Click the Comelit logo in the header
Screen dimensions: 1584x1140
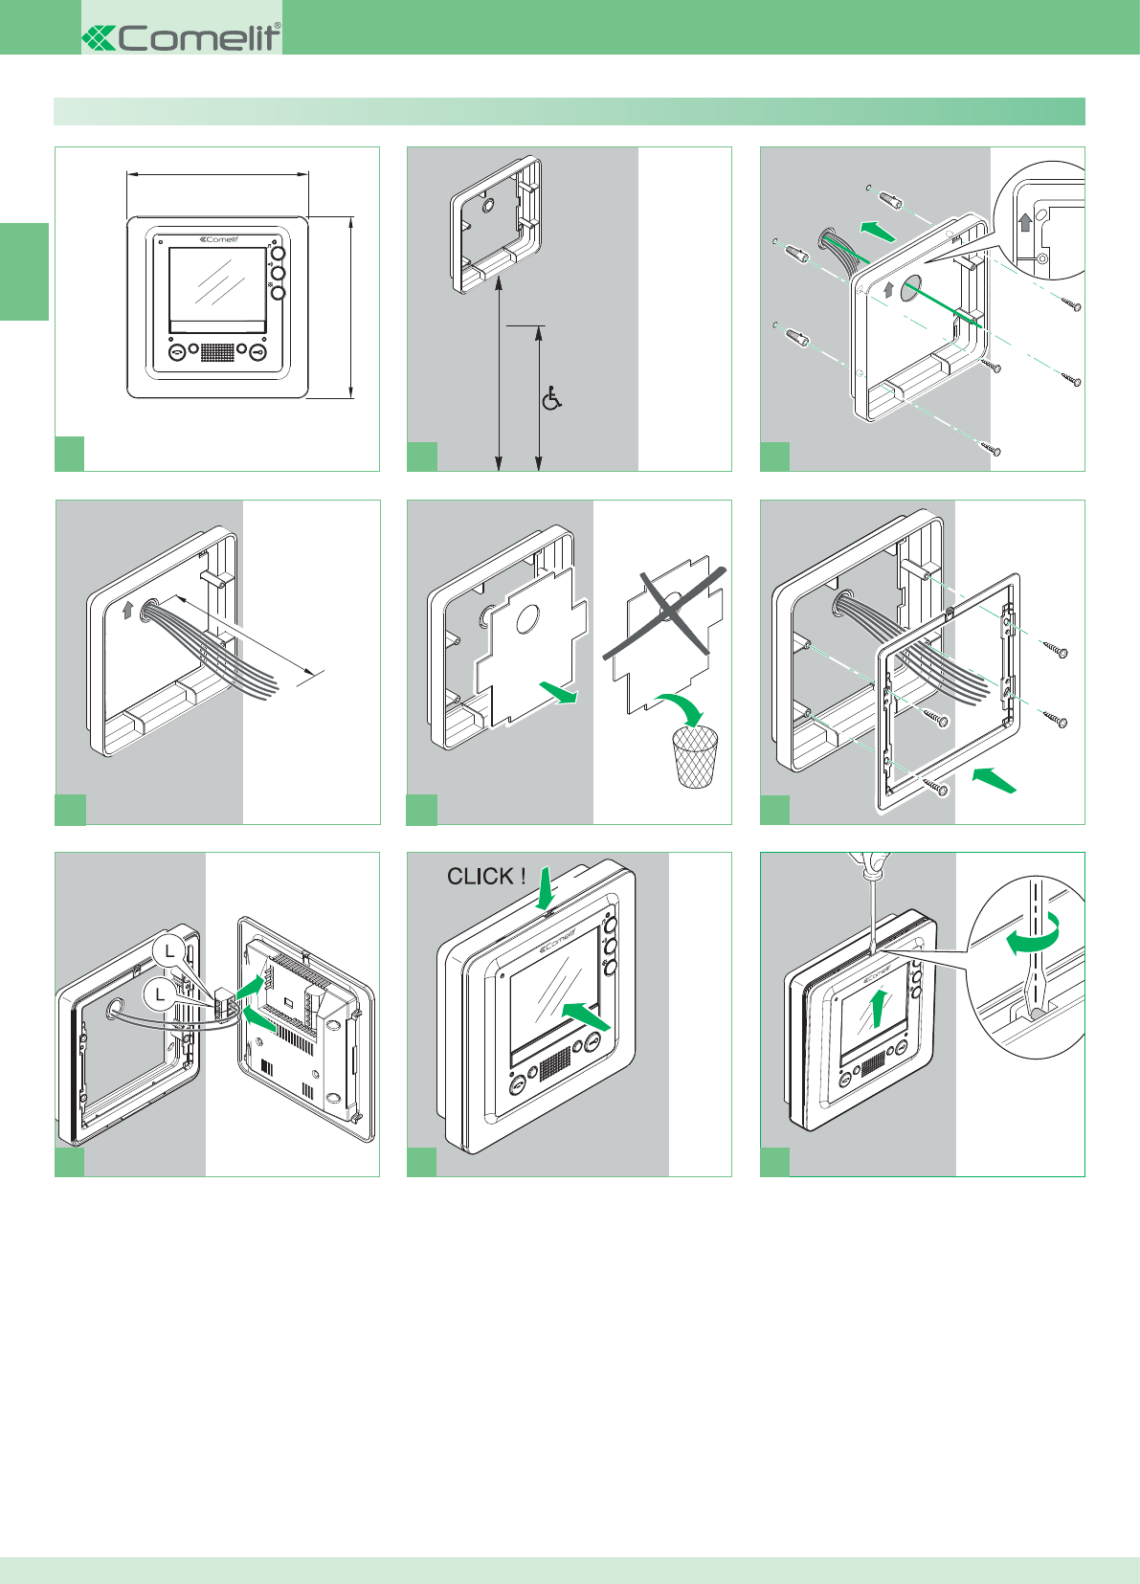click(x=182, y=37)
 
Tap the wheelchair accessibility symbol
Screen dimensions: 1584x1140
click(x=551, y=398)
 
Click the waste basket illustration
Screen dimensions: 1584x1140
click(x=696, y=756)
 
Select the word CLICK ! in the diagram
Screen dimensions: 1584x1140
click(x=486, y=876)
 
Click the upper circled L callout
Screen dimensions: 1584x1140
click(x=169, y=950)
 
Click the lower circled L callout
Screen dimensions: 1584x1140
click(x=160, y=994)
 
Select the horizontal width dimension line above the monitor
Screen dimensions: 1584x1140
click(x=217, y=174)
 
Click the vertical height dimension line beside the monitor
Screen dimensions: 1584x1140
click(x=351, y=306)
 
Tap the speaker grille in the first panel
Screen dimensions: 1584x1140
click(x=217, y=352)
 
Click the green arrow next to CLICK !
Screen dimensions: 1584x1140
click(x=546, y=887)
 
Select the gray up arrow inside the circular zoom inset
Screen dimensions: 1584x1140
click(x=1025, y=223)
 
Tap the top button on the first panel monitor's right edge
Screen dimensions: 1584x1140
click(x=279, y=255)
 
